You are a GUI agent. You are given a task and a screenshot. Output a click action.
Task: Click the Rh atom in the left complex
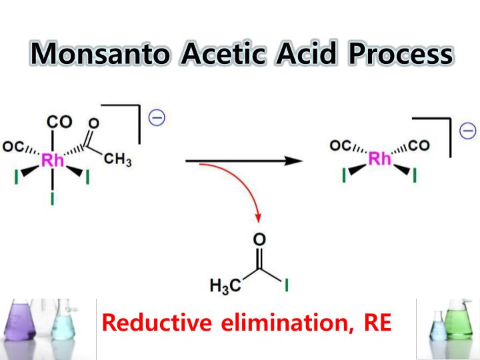coord(53,160)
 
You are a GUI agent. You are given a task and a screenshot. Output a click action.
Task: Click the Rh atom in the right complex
coord(380,159)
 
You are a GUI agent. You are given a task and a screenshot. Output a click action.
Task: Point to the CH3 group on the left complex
coord(119,160)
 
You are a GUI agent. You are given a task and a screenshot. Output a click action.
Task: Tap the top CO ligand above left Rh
coord(59,123)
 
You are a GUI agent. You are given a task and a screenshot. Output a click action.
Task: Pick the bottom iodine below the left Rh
coord(53,199)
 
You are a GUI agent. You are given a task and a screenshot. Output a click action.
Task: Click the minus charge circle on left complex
coord(157,117)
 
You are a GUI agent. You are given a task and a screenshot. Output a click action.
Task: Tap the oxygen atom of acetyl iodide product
coord(260,239)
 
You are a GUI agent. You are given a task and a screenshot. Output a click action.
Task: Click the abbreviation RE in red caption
coord(377,323)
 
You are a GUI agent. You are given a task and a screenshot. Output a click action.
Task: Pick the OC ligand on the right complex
coord(340,145)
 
